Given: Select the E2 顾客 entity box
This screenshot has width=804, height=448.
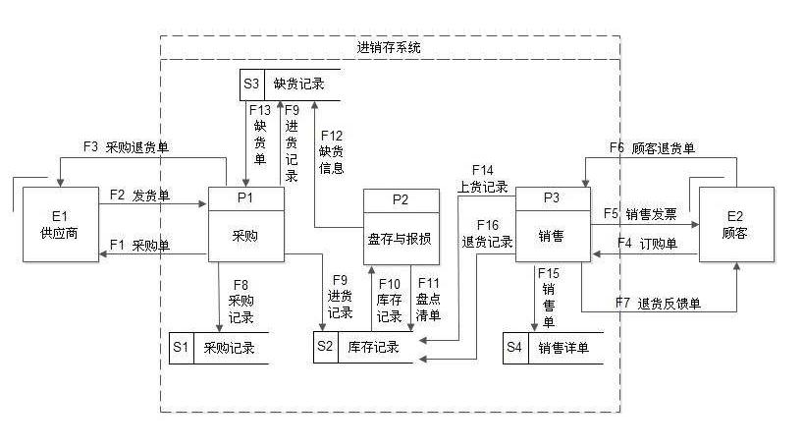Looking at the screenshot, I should pos(734,224).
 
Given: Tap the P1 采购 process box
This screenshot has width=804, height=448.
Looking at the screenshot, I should pos(246,224).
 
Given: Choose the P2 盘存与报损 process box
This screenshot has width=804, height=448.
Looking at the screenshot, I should pos(402,226).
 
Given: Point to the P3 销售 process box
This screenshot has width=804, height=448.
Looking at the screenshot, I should pos(553,224).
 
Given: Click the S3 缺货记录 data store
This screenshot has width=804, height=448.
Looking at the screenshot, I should pos(291,84).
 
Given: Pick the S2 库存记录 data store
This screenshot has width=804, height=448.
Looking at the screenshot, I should pos(362,348).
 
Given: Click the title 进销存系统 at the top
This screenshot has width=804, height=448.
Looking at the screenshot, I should pos(390,47).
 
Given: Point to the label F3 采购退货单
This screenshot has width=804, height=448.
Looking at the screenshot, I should pos(126,147).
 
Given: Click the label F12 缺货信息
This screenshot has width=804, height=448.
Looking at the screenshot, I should pos(331,151).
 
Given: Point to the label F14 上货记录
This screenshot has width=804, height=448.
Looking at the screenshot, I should pos(482,178).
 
